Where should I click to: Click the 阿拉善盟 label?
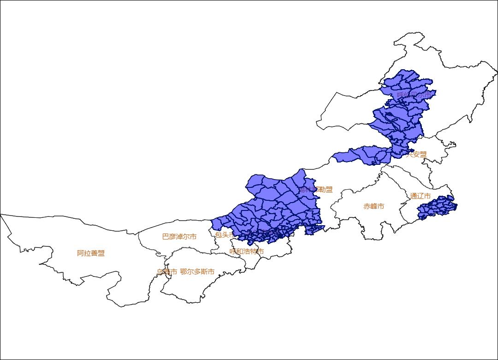[91, 253]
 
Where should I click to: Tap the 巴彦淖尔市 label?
[179, 237]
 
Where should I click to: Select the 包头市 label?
[225, 234]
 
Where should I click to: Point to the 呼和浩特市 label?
[247, 252]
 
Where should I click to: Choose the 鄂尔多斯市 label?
[197, 272]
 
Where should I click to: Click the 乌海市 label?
[166, 272]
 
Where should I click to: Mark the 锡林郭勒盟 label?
[315, 189]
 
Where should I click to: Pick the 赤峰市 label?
[373, 206]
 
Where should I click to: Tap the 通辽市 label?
[421, 196]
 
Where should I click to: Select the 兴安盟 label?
[416, 154]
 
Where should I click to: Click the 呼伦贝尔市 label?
[415, 95]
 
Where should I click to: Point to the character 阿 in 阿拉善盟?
[80, 253]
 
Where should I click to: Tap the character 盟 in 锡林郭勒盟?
[329, 189]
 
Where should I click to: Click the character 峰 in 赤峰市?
[373, 206]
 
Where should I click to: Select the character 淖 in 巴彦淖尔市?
[179, 237]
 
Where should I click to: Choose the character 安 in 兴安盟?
[416, 154]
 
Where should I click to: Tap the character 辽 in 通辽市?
[421, 196]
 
